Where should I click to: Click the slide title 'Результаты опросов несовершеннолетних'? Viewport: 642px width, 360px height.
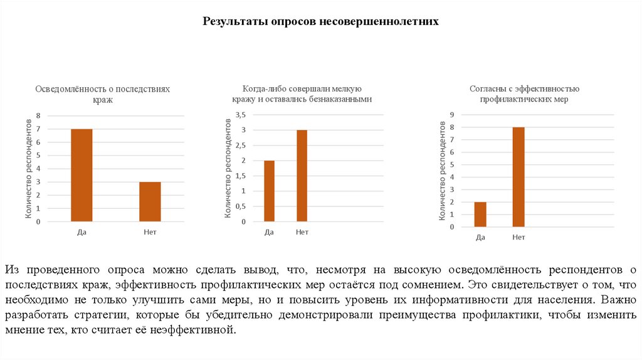pos(320,21)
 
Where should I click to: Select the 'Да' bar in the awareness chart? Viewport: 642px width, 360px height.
pos(82,175)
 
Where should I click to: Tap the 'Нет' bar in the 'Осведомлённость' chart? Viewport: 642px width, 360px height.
pos(150,201)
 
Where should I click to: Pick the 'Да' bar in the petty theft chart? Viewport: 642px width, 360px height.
pos(269,191)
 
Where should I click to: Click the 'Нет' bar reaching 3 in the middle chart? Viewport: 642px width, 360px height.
pos(302,176)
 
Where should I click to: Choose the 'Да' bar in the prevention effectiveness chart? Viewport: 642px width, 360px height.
pos(480,214)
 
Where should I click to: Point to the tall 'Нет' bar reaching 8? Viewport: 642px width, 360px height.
pos(518,177)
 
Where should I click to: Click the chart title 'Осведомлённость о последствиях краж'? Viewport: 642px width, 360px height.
pos(102,95)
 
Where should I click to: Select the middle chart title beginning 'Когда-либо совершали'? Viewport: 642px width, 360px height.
pos(302,94)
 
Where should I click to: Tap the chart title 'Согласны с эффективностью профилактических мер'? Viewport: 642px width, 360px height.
pos(524,94)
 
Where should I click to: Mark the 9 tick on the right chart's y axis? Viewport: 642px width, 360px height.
pos(451,114)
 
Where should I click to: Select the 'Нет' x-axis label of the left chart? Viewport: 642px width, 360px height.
pos(149,232)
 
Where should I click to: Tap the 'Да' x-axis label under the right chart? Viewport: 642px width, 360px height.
pos(480,237)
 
